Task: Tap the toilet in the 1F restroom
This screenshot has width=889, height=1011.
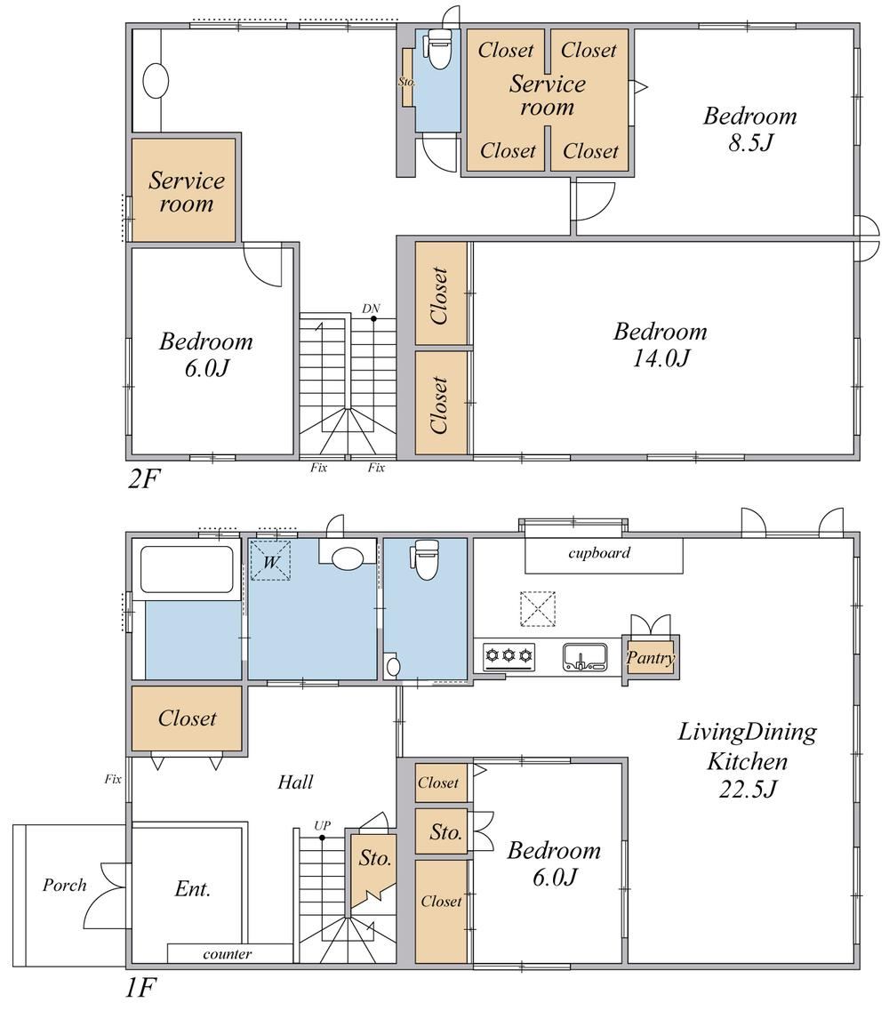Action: coord(426,559)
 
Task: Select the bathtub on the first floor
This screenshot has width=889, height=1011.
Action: coord(187,569)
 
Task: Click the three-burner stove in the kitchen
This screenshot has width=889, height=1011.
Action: coord(509,656)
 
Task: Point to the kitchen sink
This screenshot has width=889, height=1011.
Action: coord(585,656)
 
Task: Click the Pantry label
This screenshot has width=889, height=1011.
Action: coord(651,658)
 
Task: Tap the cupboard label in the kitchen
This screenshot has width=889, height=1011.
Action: coord(599,552)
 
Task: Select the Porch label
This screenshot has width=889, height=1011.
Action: coord(65,885)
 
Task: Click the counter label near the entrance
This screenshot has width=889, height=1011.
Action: coord(227,953)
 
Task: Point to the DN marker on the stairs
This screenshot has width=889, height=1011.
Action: coord(371,309)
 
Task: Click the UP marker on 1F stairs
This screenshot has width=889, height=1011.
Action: coord(323,825)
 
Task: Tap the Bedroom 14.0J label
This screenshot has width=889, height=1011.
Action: coord(661,344)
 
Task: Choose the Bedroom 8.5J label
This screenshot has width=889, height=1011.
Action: coord(749,129)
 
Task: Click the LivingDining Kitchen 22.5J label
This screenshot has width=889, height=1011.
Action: coord(748,761)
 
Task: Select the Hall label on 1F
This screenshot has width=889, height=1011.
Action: coord(295,782)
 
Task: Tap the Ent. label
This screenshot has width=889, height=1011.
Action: coord(192,889)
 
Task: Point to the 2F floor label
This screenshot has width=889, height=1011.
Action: coord(143,478)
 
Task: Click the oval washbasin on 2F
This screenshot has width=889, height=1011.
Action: coord(156,81)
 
